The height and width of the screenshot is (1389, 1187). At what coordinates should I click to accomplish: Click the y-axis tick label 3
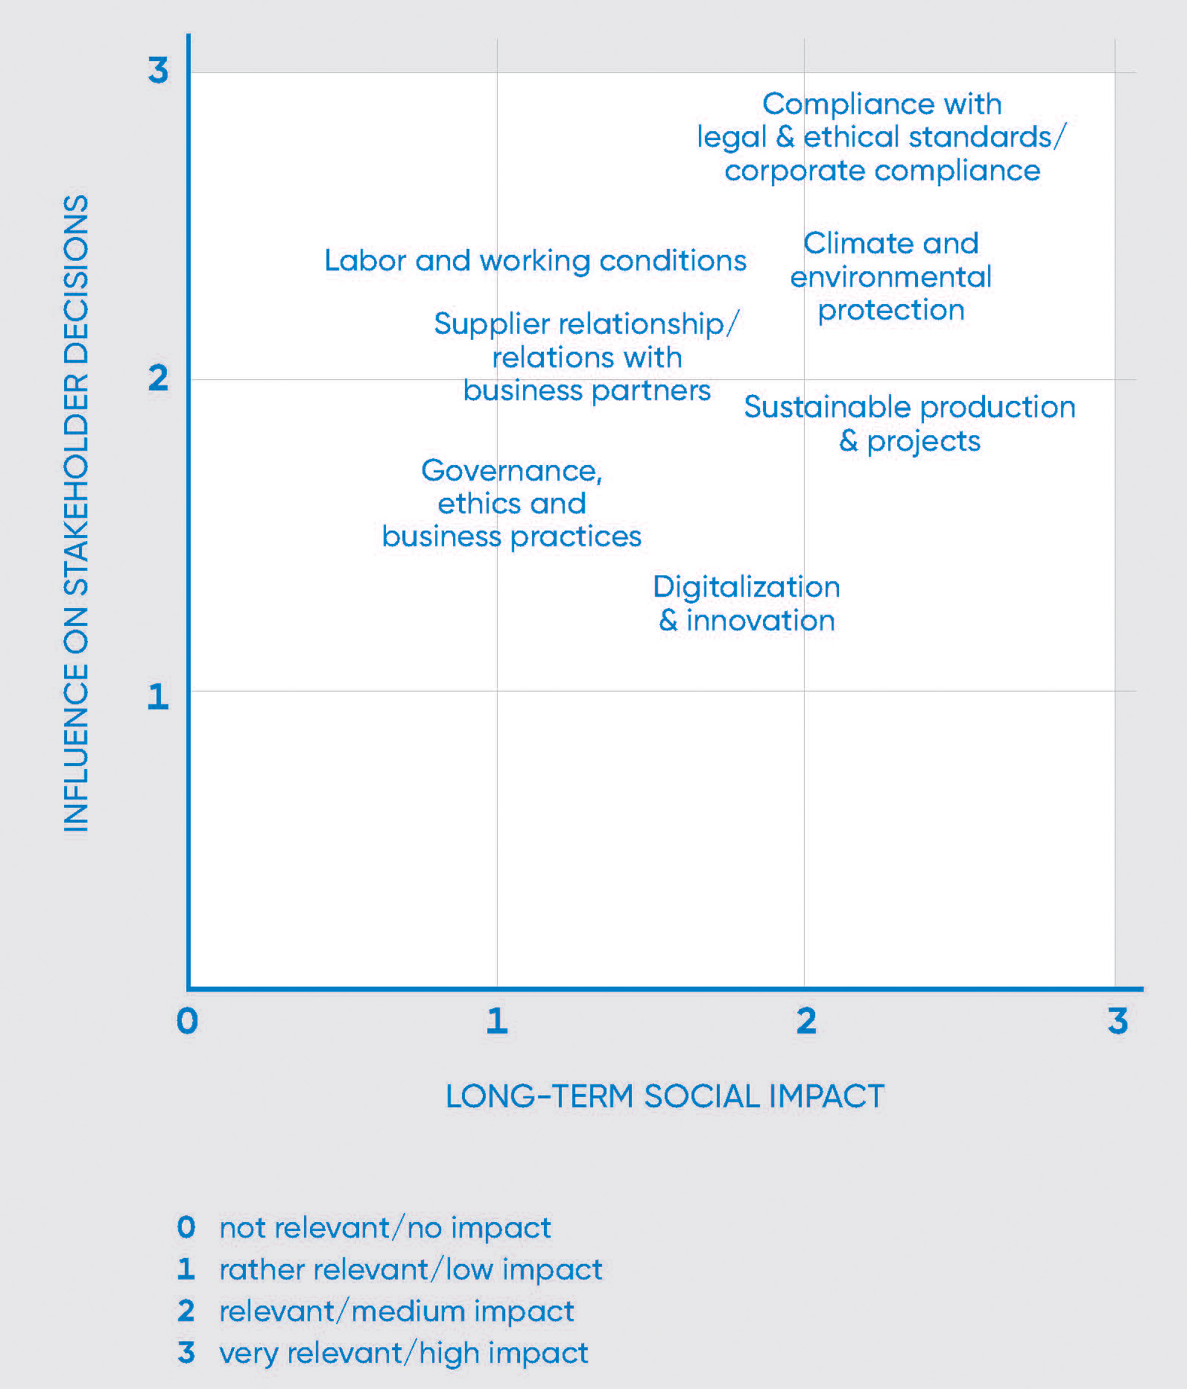(158, 70)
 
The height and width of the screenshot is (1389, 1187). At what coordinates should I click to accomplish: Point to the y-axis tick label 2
(158, 379)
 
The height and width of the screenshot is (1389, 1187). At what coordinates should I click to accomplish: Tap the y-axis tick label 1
(157, 697)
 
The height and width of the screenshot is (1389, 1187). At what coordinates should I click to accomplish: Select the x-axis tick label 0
(187, 1020)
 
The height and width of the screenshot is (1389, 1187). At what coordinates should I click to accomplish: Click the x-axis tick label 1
(496, 1020)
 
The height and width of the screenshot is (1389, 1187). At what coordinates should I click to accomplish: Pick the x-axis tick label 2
(805, 1020)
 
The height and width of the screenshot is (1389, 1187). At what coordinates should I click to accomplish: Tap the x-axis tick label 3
(1117, 1020)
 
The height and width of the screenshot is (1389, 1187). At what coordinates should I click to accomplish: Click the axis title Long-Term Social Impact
(665, 1096)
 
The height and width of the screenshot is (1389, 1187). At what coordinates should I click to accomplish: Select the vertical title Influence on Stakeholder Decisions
(76, 513)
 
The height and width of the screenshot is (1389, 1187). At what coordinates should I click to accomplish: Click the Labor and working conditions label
(535, 261)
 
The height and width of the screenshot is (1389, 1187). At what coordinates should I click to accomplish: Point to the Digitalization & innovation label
(747, 604)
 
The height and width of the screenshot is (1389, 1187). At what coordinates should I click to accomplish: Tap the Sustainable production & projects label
(909, 423)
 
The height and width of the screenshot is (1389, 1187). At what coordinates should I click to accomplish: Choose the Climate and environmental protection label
(891, 276)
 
